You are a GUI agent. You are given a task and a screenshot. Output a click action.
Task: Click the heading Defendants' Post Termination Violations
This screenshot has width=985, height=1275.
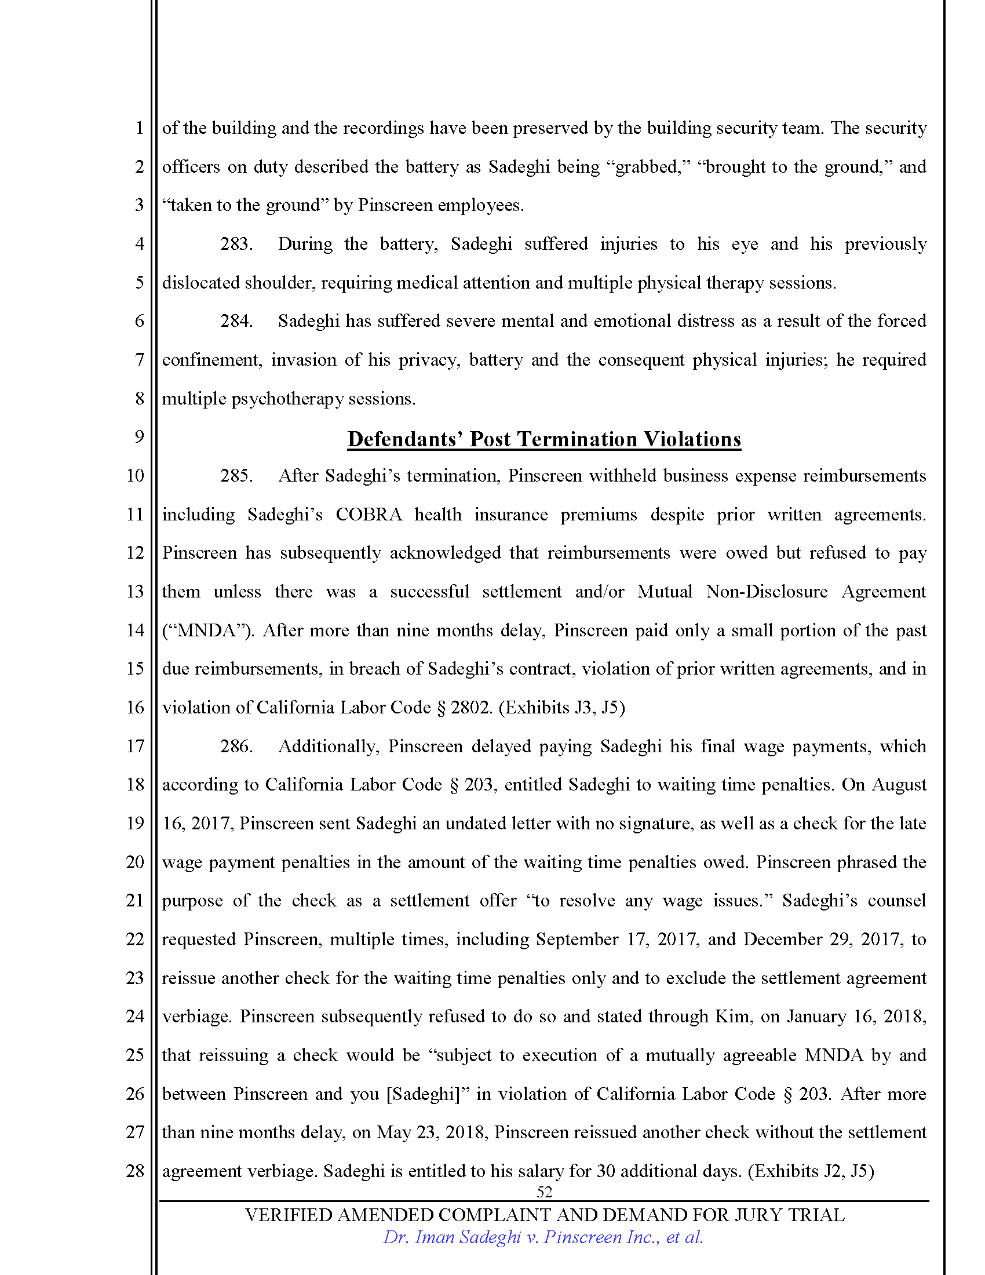tap(544, 439)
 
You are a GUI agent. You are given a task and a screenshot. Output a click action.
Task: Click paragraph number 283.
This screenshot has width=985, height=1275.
tap(236, 244)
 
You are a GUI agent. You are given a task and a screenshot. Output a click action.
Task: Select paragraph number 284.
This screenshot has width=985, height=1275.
tap(236, 321)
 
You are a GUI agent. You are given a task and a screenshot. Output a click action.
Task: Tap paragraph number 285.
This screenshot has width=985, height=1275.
tap(236, 476)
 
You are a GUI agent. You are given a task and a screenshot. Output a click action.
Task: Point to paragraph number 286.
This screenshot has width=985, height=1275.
tap(236, 746)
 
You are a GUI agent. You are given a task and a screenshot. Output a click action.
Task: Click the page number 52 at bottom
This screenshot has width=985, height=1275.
tap(544, 1192)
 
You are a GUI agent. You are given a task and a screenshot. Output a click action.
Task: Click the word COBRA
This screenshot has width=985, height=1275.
tap(369, 514)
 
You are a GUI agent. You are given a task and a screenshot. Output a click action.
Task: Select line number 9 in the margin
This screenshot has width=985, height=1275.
tap(139, 436)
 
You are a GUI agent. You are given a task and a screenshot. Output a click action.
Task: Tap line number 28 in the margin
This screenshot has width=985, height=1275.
tap(136, 1171)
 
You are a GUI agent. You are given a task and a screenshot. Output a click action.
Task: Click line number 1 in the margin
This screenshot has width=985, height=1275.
tap(139, 128)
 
